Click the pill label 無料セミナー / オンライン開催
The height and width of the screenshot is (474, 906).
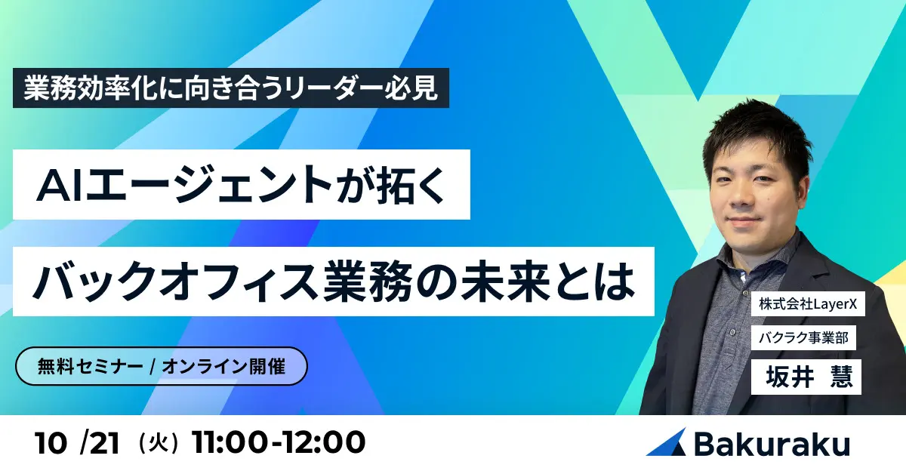pyautogui.click(x=162, y=366)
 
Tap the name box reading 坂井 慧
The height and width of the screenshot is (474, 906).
pyautogui.click(x=806, y=374)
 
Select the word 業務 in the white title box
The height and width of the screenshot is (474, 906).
pyautogui.click(x=364, y=281)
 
